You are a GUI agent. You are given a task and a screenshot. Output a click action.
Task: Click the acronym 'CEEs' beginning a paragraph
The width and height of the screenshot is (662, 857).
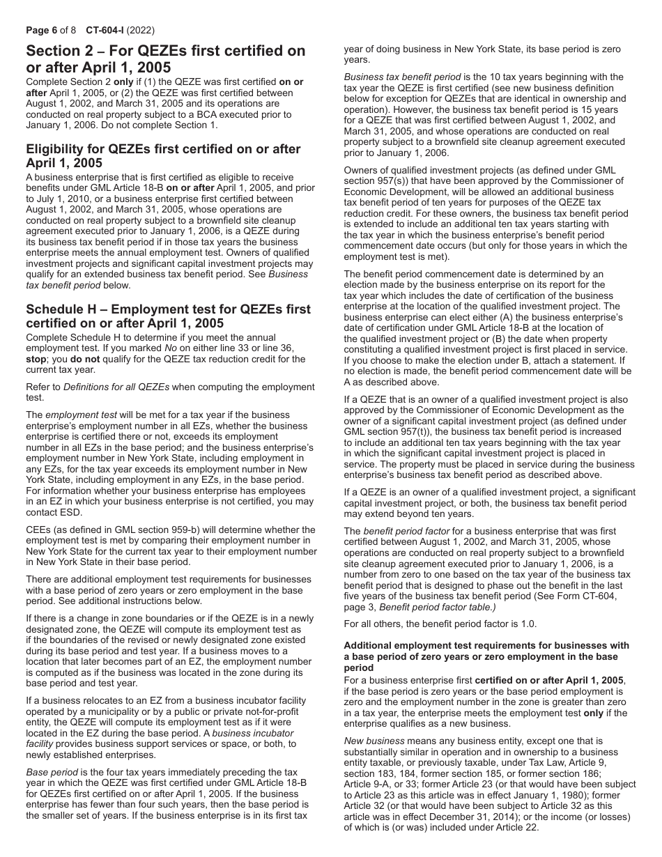coord(39,530)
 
